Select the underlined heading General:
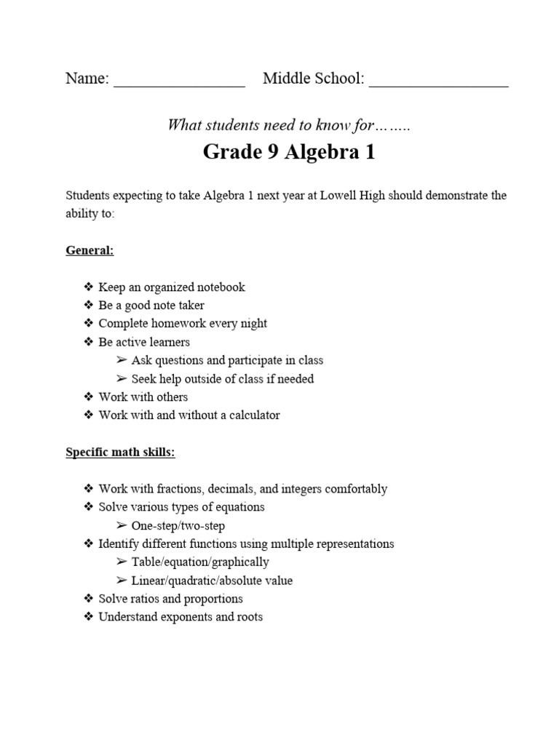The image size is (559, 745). [x=90, y=250]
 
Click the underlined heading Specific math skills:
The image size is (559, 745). [x=120, y=453]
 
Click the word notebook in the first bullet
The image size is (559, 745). [x=217, y=287]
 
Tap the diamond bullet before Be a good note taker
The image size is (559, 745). [x=89, y=306]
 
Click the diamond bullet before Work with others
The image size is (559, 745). [x=89, y=397]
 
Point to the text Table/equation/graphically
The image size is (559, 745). [x=200, y=562]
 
